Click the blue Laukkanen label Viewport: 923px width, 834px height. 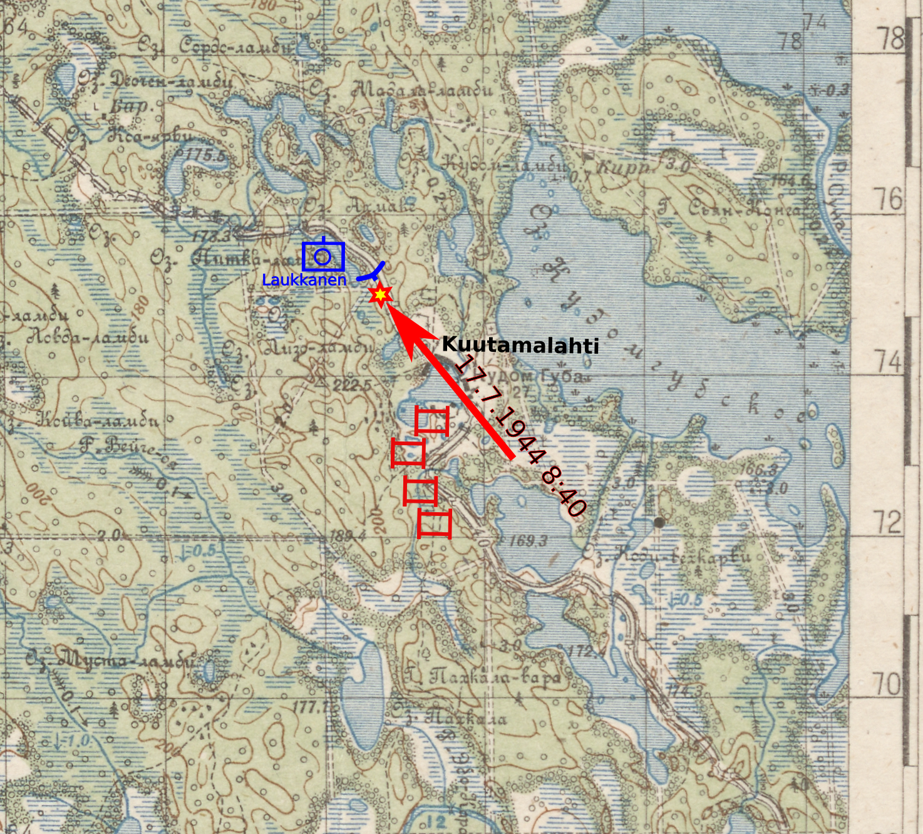[x=304, y=280]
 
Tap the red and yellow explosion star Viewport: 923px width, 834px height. [x=380, y=294]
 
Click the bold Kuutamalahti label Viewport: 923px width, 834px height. [x=520, y=345]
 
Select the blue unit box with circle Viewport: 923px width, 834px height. [x=323, y=256]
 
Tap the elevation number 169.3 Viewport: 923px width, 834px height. [x=528, y=540]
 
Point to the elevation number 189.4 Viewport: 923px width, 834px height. [x=348, y=535]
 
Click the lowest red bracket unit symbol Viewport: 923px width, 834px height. [x=435, y=523]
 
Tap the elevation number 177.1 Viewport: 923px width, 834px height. [x=312, y=707]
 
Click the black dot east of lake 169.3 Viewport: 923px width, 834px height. [x=659, y=522]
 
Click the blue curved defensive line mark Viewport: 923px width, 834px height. [x=373, y=273]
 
